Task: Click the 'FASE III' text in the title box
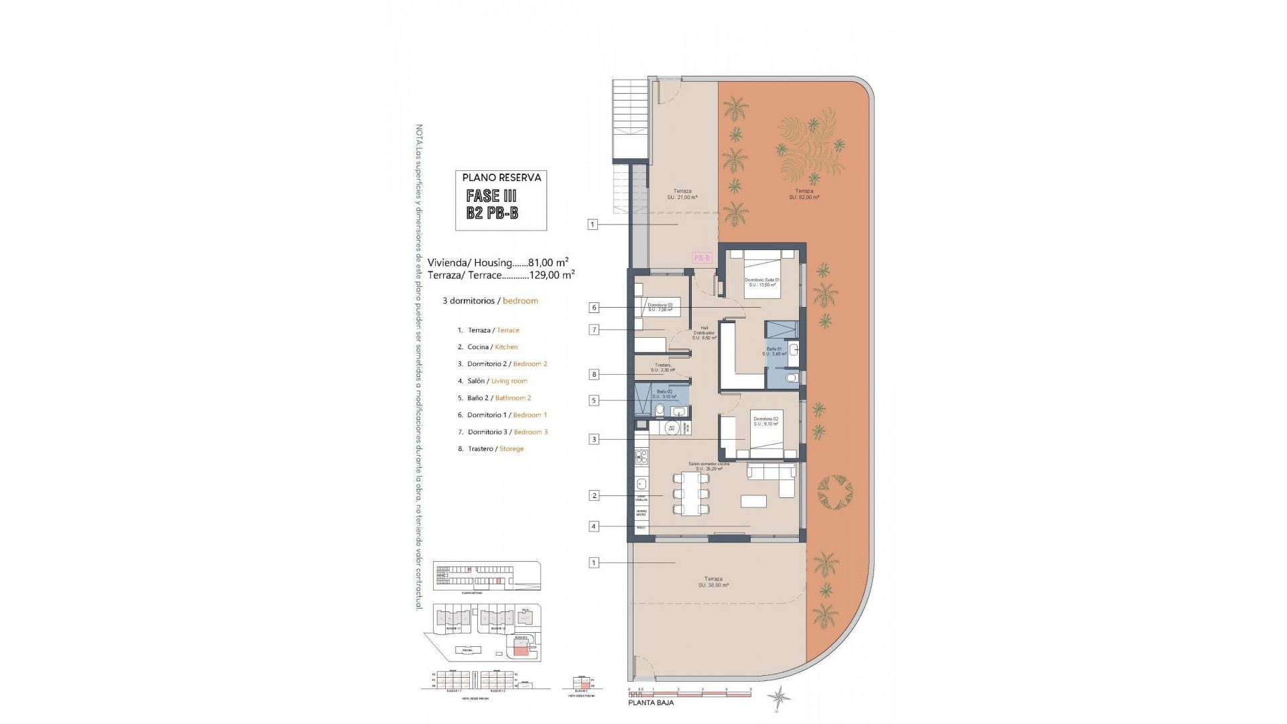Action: tap(492, 196)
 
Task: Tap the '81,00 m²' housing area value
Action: tap(548, 263)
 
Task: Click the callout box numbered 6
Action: tap(594, 308)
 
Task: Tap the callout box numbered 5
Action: tap(594, 400)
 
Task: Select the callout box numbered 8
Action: tap(594, 374)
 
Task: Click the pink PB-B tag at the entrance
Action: tap(701, 257)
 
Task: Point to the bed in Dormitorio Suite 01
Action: tap(763, 275)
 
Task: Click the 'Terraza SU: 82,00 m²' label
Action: tap(804, 194)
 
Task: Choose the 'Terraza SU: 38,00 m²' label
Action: tap(713, 581)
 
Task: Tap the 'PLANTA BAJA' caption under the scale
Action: tap(651, 703)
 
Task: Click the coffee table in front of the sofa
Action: tap(754, 501)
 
